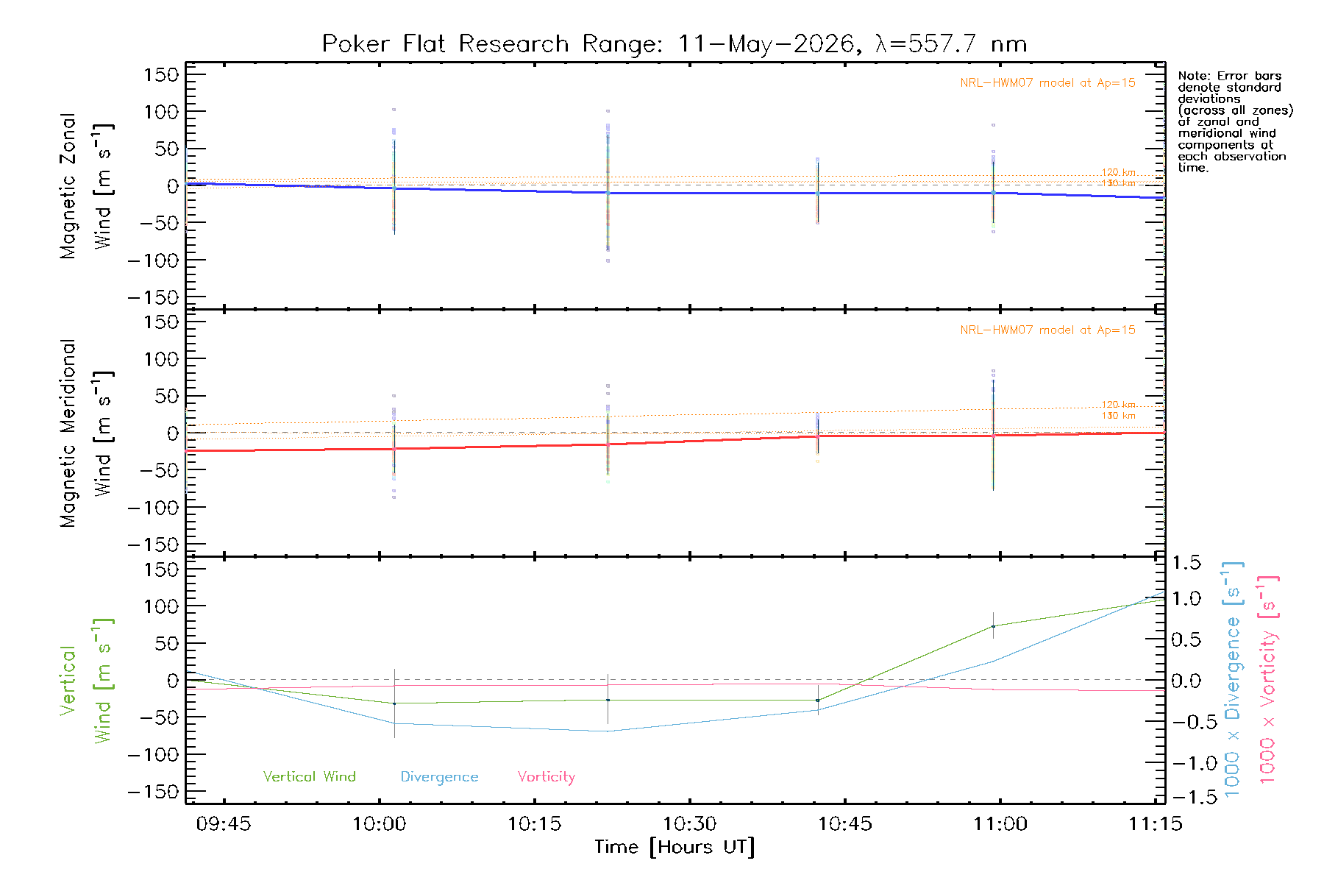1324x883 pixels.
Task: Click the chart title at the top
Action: (675, 44)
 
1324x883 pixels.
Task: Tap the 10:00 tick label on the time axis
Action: (380, 824)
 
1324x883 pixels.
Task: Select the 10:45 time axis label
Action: (845, 824)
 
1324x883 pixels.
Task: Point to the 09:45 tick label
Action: (224, 824)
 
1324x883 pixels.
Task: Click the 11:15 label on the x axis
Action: (1156, 824)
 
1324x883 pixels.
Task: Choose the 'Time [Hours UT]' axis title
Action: (675, 848)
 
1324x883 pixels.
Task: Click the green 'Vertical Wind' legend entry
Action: (310, 776)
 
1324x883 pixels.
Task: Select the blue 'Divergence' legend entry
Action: (439, 777)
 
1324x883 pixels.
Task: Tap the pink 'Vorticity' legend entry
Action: (547, 777)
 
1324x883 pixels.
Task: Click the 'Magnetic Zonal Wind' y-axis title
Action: (86, 186)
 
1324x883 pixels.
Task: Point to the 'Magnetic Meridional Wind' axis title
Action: (86, 433)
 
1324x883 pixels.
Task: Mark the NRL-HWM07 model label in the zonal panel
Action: (1047, 83)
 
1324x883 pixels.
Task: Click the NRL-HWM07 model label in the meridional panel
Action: (1047, 330)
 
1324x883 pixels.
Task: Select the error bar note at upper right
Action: (1235, 121)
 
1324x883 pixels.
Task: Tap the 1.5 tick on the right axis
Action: (1186, 563)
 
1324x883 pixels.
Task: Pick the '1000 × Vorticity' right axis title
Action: (1268, 679)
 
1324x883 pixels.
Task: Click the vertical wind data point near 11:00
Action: (993, 627)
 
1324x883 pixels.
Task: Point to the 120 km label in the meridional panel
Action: (1118, 405)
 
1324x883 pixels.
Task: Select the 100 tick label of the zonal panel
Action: (161, 112)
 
